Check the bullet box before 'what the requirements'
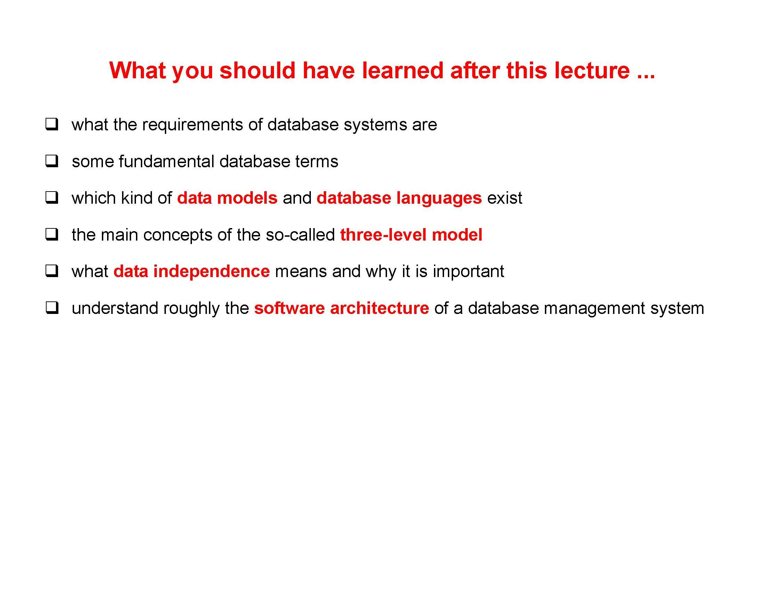[x=51, y=124]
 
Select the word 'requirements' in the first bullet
[x=192, y=125]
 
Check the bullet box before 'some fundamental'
[x=51, y=161]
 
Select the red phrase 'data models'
[x=227, y=198]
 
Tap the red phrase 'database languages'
[x=399, y=198]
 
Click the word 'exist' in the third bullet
[x=505, y=198]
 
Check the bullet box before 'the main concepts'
[x=51, y=234]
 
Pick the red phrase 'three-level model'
[x=411, y=235]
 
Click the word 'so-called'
[x=300, y=235]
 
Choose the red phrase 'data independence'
[x=192, y=272]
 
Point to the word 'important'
[x=468, y=272]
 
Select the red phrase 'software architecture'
[x=341, y=308]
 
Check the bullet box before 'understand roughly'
[x=51, y=308]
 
